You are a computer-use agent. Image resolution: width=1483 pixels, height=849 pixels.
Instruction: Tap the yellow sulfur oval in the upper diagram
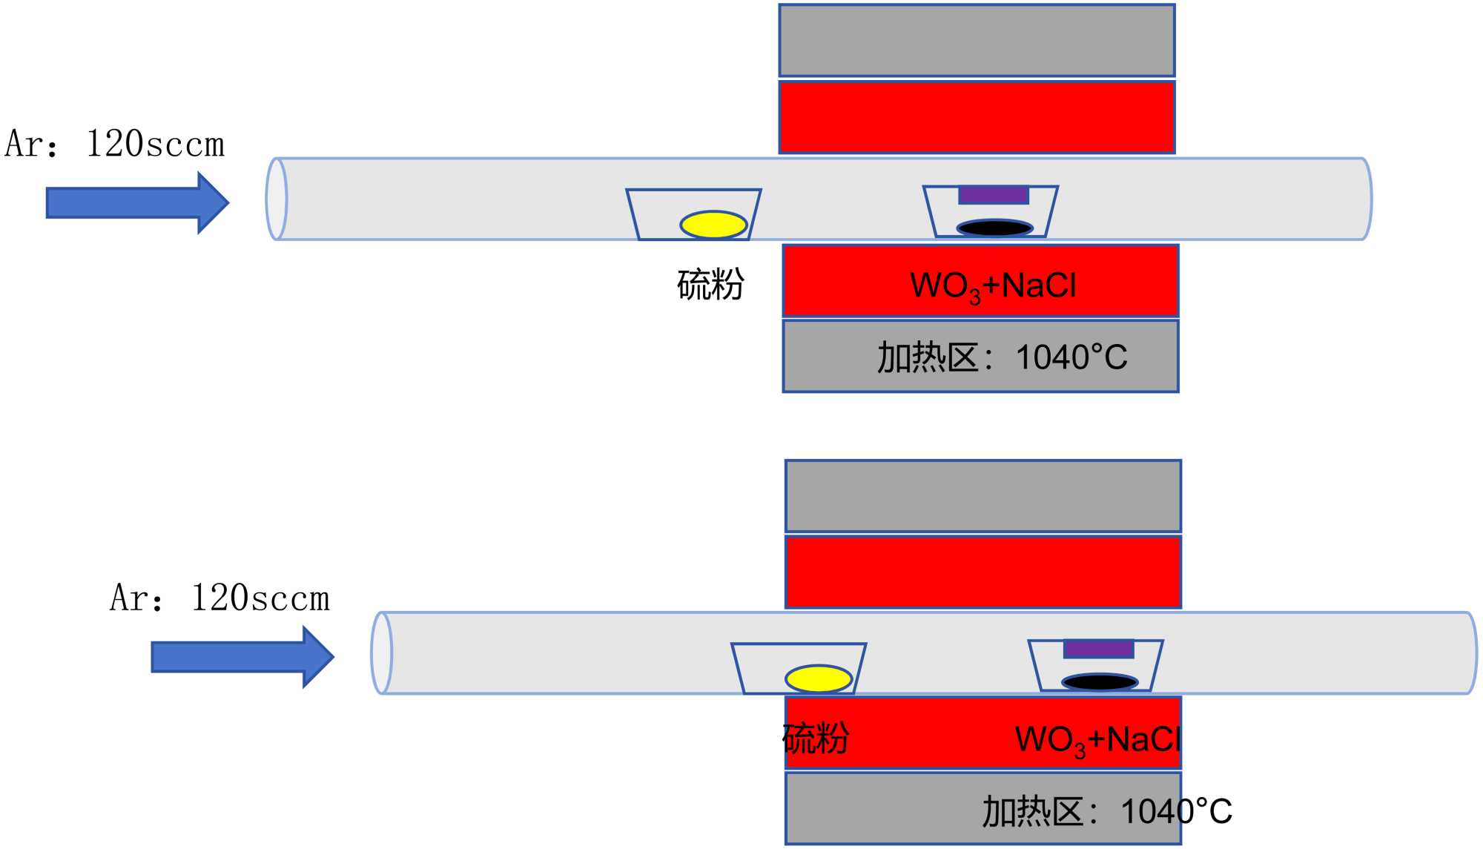point(713,225)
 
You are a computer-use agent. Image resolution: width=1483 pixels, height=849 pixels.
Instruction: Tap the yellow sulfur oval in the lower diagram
point(819,678)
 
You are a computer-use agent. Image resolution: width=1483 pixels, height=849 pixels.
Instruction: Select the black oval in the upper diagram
point(995,228)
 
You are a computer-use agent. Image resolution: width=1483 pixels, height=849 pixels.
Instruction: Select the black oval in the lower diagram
point(1100,682)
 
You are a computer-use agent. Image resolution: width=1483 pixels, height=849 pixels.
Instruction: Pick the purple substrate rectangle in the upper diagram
point(994,195)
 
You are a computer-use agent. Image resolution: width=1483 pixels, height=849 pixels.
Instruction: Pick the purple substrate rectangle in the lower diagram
point(1098,650)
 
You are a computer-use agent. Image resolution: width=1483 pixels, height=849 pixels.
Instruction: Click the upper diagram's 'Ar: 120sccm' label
point(115,144)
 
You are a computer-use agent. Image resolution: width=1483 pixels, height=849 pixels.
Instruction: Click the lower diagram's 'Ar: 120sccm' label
point(220,598)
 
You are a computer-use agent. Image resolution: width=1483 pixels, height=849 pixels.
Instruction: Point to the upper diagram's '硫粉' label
point(710,285)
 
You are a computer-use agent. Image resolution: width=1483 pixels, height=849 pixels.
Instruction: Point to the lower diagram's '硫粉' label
point(816,739)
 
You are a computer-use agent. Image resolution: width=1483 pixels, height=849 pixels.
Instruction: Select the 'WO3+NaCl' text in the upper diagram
point(993,286)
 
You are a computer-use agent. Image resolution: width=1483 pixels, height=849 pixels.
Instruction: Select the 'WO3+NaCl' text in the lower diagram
point(1098,740)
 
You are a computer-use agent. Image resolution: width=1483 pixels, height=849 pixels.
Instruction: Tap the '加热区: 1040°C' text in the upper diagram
point(1002,358)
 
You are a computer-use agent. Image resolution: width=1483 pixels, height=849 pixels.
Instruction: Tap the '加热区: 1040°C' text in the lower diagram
point(1107,812)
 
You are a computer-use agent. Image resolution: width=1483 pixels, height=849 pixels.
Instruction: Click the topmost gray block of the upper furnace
point(977,41)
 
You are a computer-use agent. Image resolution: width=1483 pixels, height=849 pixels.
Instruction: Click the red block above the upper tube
point(977,118)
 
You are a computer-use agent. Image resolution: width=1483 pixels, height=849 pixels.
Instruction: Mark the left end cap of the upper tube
point(277,199)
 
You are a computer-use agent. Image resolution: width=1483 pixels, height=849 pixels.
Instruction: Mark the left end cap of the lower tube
point(382,653)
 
